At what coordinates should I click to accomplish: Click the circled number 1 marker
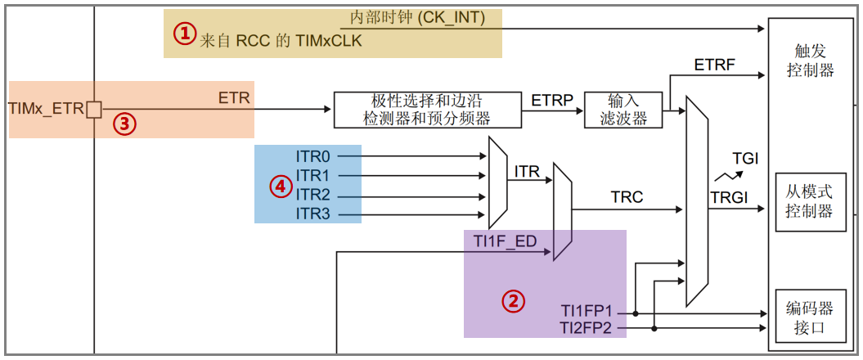[x=185, y=34]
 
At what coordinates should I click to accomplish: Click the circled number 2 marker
[x=513, y=300]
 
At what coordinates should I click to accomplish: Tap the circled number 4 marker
[x=281, y=187]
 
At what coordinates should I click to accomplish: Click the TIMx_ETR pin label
[x=46, y=108]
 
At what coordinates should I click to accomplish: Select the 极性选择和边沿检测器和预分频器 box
[x=427, y=110]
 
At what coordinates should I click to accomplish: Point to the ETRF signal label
[x=714, y=64]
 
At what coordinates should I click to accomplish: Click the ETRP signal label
[x=552, y=100]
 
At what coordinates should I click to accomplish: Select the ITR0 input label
[x=312, y=155]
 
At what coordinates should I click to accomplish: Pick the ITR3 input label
[x=312, y=214]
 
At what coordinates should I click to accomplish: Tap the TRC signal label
[x=627, y=197]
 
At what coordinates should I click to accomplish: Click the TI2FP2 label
[x=587, y=328]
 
